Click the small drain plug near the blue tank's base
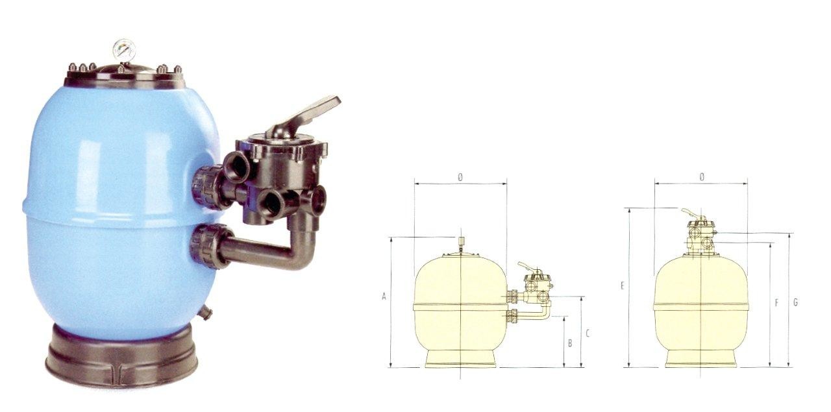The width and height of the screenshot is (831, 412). coord(206,311)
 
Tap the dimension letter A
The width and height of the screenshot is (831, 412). coord(384,297)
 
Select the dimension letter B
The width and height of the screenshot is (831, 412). coord(570,343)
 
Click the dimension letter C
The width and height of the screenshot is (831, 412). coord(588,333)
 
